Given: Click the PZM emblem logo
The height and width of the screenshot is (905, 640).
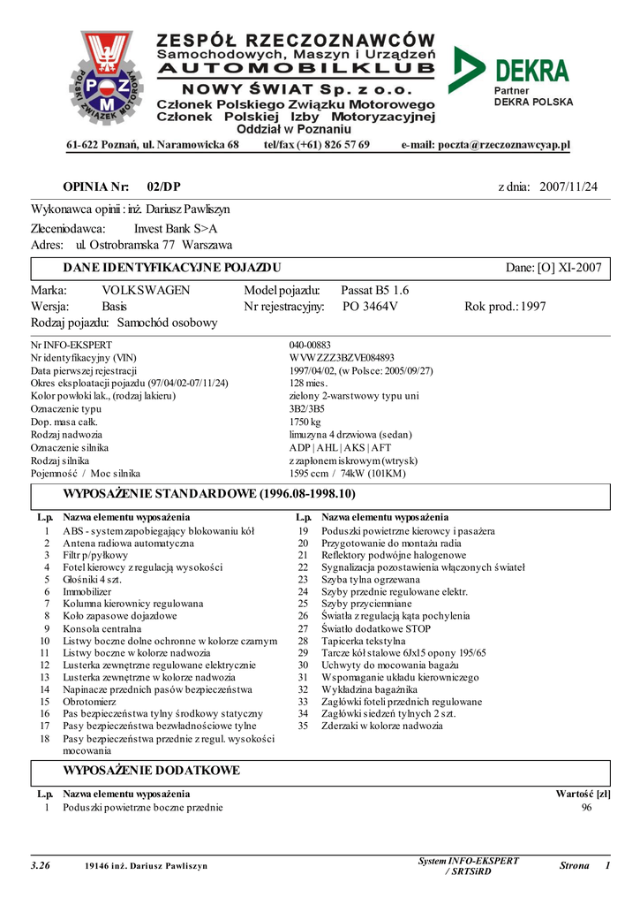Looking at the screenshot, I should point(105,77).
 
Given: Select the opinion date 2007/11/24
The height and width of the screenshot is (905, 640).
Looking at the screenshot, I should point(568,186).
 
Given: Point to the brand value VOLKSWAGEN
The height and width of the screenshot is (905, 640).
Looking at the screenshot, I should point(146,290).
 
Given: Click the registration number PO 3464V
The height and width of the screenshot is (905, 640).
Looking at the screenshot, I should point(370,307).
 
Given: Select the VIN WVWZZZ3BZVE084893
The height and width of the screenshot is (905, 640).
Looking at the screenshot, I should point(342,358).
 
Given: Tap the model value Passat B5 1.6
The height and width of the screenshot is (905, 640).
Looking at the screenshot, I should point(374,290).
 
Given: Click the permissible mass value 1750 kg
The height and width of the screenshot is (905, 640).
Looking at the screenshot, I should point(305,422).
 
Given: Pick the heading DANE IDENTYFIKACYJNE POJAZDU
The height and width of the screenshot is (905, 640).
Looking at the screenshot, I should point(172,267).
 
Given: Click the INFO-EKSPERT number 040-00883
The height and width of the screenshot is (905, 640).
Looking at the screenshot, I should point(310,345).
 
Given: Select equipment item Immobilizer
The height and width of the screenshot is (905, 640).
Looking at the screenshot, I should point(87,591).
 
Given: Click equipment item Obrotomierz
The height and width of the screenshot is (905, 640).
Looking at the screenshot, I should point(90,701).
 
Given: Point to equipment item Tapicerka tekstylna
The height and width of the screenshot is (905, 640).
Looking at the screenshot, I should point(364,641).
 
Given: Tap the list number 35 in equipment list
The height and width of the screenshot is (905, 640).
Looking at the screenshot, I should point(303,726).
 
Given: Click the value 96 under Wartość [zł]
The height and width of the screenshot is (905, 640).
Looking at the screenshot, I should point(587,808).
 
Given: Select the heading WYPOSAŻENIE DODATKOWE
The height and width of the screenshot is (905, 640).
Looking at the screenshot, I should point(151,771).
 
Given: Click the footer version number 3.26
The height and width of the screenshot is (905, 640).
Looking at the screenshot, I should point(40,866).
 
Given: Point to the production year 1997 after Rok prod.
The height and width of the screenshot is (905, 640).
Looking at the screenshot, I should point(533,307).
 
